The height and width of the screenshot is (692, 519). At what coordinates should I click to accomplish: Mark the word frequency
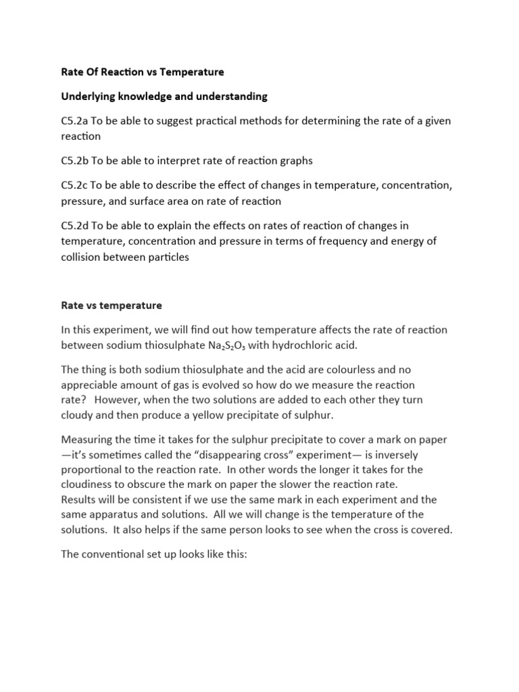click(369, 242)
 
